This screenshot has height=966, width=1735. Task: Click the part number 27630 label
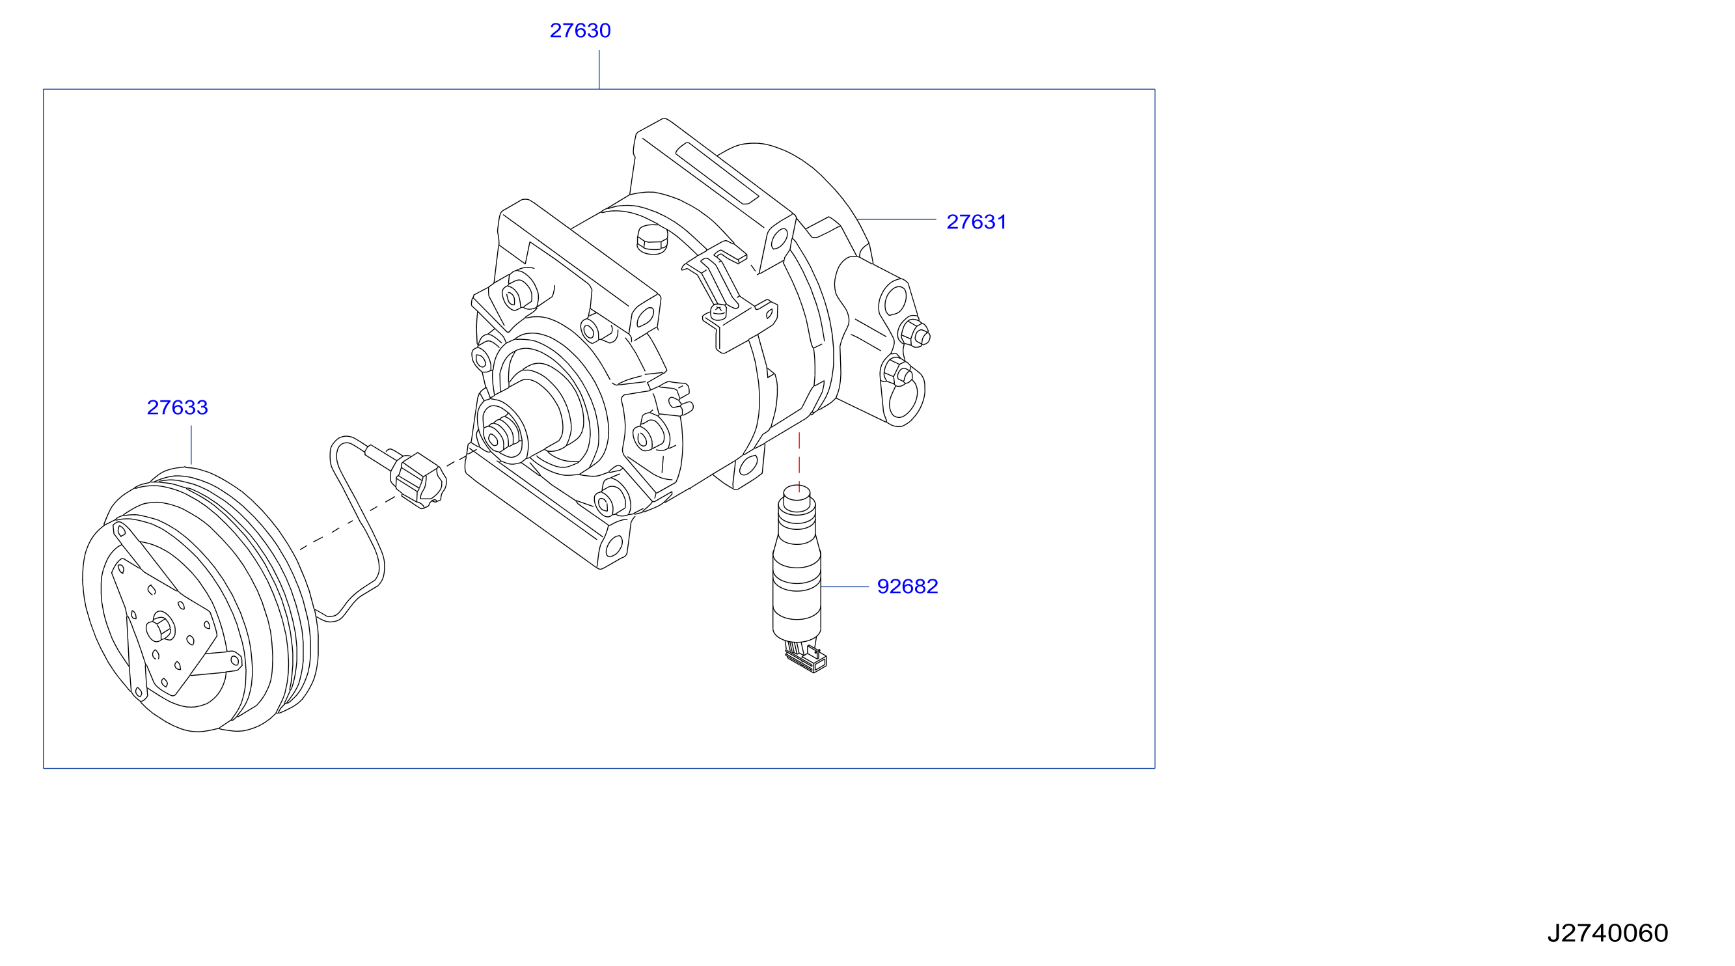[x=580, y=31]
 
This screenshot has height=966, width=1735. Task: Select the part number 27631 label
[x=976, y=221]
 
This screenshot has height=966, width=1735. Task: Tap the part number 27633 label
[x=177, y=407]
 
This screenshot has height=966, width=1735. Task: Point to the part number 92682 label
[x=907, y=586]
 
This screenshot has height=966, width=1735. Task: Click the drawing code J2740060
[x=1607, y=933]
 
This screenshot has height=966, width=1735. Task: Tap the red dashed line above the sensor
[x=799, y=462]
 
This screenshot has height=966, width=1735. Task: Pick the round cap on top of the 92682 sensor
[x=797, y=498]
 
